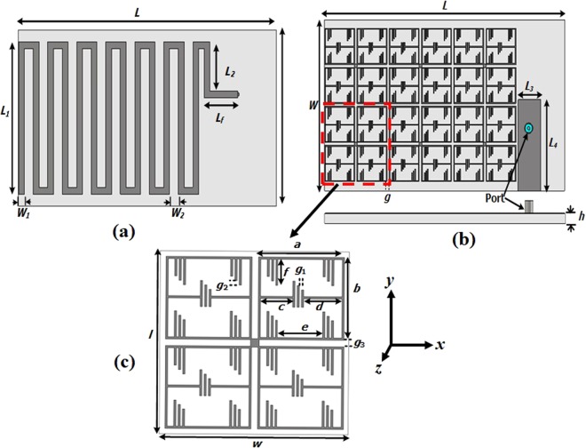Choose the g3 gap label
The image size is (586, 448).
(359, 342)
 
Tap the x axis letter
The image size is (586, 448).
(439, 343)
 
